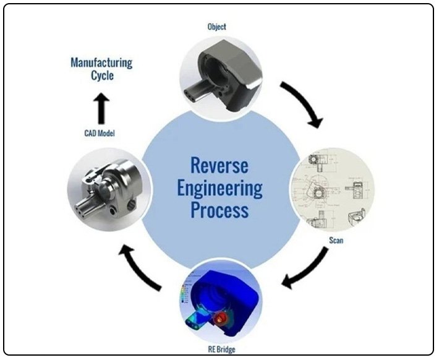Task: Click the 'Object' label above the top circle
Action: click(218, 27)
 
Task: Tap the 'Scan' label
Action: click(336, 240)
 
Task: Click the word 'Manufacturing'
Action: click(101, 62)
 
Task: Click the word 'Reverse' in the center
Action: click(219, 166)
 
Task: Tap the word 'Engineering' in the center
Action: click(219, 187)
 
